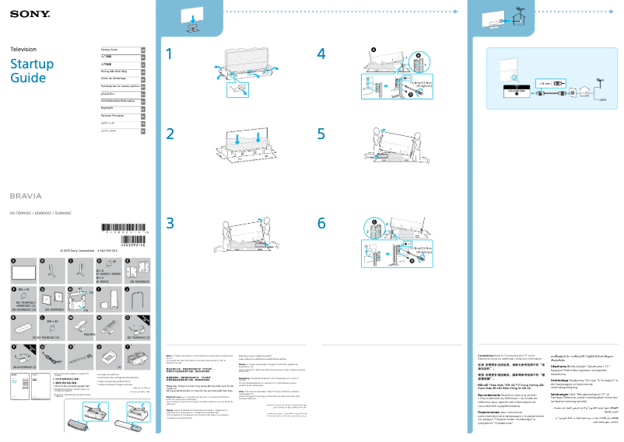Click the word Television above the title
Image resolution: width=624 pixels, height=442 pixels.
pyautogui.click(x=23, y=49)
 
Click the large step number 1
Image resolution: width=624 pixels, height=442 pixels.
pyautogui.click(x=171, y=54)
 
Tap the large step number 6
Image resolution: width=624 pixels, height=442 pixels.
pyautogui.click(x=321, y=222)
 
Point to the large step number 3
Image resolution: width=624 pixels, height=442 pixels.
pyautogui.click(x=171, y=222)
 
